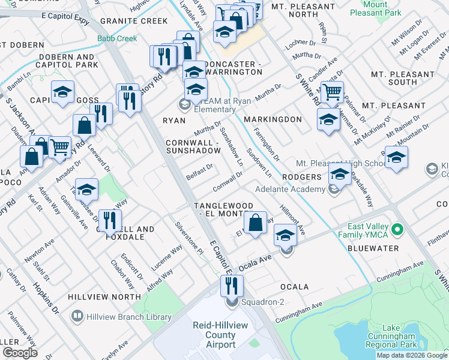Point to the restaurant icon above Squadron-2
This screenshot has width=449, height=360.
232,286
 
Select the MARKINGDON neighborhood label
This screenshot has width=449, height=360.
274,119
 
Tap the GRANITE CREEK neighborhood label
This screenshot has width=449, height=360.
134,21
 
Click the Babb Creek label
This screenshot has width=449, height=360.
117,38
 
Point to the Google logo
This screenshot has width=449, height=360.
20,353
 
